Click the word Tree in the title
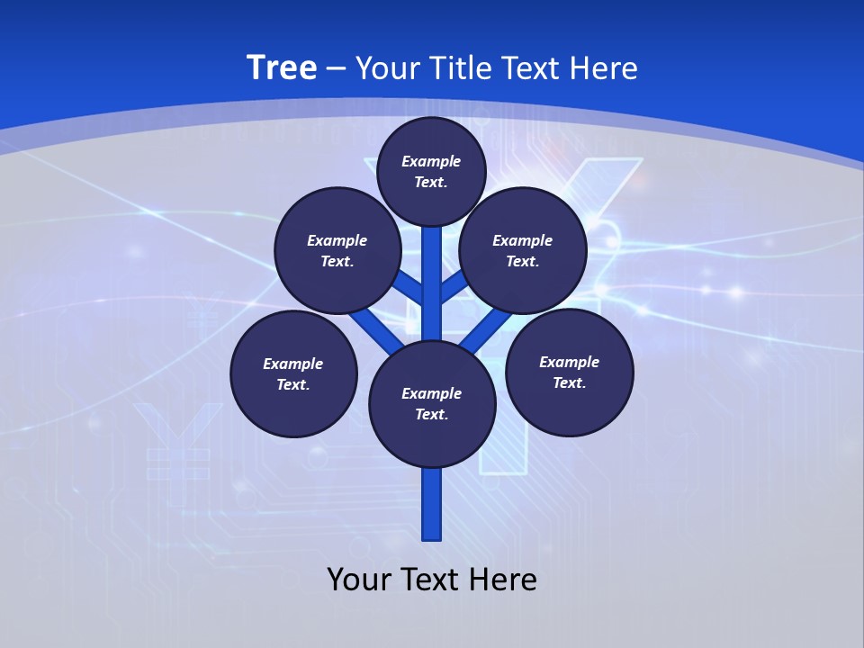tap(282, 68)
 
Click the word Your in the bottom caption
tap(359, 580)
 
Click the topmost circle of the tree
tap(431, 171)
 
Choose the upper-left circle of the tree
tap(337, 250)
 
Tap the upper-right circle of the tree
tap(523, 250)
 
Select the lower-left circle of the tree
tap(293, 373)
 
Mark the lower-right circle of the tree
tap(569, 372)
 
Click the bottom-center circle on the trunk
tap(432, 404)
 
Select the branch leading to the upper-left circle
tap(407, 287)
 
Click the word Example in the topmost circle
tap(431, 161)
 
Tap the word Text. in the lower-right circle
tap(569, 382)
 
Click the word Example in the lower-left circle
tap(293, 364)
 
